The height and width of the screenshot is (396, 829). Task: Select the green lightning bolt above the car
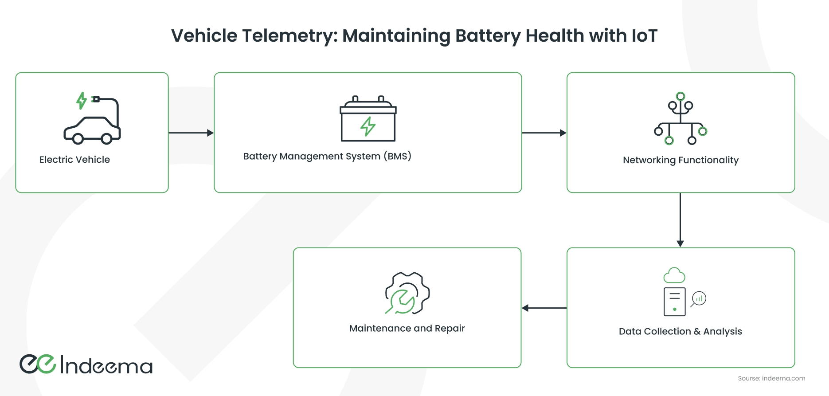[81, 101]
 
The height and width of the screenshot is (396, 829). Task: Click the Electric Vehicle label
[74, 160]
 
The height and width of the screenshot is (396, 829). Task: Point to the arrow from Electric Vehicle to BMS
[191, 133]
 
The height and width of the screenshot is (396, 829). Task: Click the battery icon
[368, 120]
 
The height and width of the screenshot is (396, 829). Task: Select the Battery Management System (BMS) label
[327, 156]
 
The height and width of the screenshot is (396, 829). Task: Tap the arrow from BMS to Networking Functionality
[544, 133]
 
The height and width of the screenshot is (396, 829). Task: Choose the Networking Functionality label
[680, 160]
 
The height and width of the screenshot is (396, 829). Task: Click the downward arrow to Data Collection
[680, 220]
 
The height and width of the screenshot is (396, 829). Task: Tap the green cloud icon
[674, 275]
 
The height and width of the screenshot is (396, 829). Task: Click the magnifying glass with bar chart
[699, 299]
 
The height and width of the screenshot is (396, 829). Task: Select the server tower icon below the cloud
[674, 302]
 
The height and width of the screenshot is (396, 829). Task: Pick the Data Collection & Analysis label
[680, 331]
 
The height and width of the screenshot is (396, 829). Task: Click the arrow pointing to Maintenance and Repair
[544, 308]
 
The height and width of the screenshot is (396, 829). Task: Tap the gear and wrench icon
[407, 294]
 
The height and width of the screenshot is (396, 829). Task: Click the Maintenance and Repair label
[407, 329]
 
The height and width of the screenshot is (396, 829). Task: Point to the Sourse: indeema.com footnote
[771, 378]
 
